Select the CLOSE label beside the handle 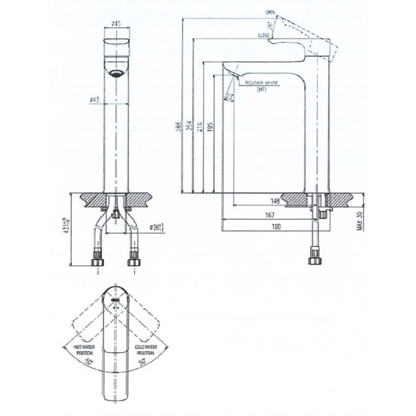coord(264,35)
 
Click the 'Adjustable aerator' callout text coord(261,81)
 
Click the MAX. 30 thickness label coord(358,222)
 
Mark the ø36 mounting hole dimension coord(141,228)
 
